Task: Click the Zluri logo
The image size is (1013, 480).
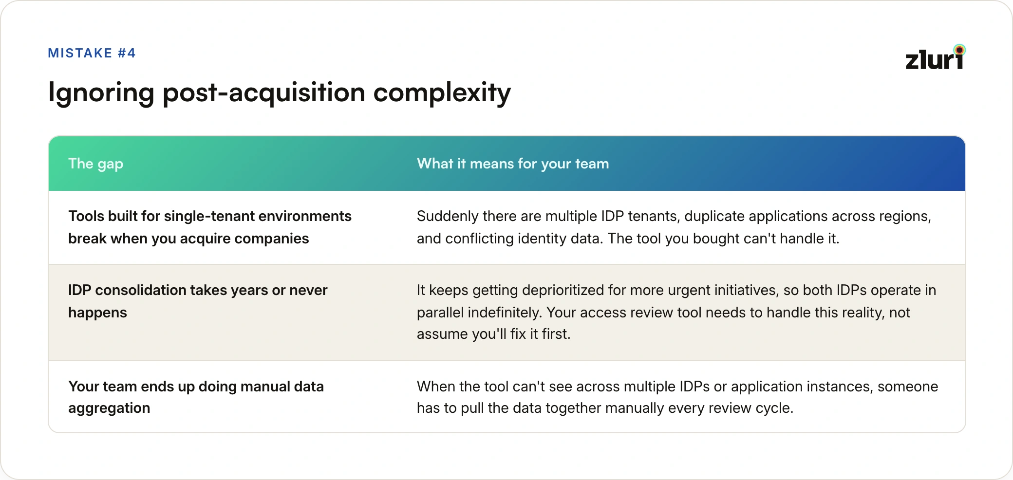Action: [935, 57]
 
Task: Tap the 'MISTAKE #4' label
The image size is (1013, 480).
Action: [92, 53]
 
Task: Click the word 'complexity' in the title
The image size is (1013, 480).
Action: [442, 92]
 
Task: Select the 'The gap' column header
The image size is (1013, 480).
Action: [96, 164]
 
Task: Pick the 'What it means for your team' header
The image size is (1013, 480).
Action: [513, 164]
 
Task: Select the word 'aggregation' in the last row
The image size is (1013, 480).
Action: [109, 408]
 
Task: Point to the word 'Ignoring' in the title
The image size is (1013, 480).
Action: [101, 92]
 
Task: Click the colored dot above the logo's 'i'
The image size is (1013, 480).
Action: [959, 50]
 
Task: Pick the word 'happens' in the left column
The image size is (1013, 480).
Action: [97, 313]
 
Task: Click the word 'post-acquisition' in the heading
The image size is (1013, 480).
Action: [264, 92]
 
